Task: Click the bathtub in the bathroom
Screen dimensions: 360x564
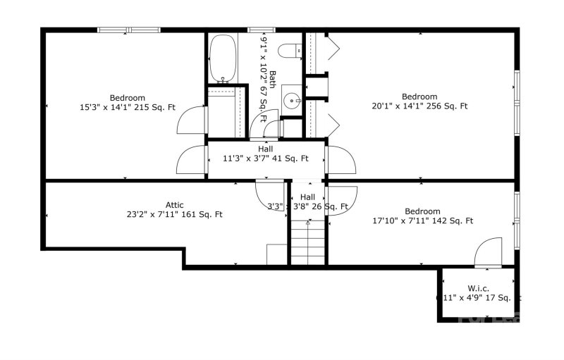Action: coord(223,58)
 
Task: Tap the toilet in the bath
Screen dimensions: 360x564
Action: coord(288,50)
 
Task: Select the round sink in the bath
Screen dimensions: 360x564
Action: coord(292,100)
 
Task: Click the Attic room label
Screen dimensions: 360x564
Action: coord(175,205)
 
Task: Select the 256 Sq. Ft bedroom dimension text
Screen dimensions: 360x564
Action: coord(419,106)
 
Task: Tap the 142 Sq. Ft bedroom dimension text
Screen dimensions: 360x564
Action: coord(422,221)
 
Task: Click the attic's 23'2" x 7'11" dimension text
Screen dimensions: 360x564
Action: coord(175,214)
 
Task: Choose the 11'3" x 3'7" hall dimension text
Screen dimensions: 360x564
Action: coord(265,159)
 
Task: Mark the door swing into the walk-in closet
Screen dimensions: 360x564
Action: coord(488,252)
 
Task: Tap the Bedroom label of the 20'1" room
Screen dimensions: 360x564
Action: coord(419,97)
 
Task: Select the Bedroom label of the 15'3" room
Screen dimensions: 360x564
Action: coord(128,98)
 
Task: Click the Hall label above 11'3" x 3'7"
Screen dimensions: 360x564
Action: coord(265,149)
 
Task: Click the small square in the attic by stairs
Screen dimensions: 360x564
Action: coord(276,254)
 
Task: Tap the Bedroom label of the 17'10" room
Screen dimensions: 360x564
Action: coord(422,211)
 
